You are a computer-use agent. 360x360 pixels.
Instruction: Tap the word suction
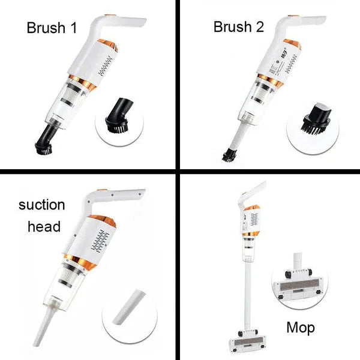[x=41, y=205]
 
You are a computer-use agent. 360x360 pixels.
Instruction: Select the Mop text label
[x=300, y=328]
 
